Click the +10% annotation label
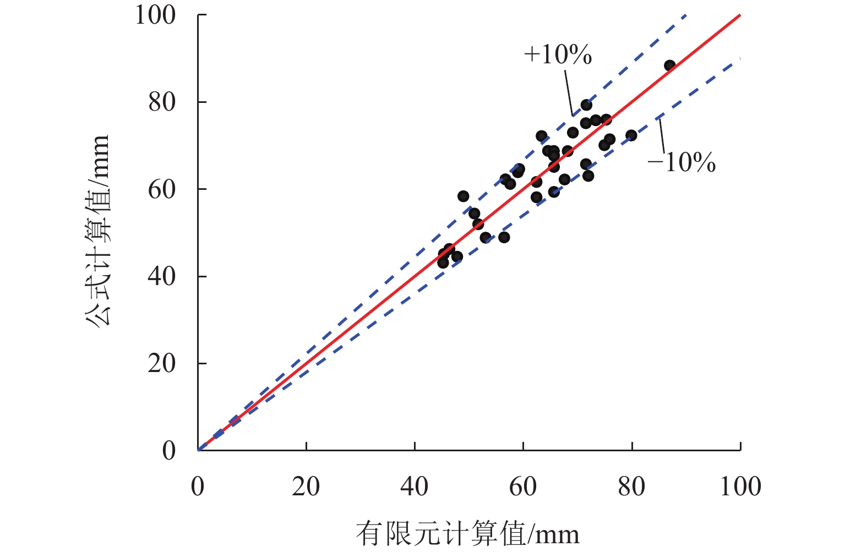558,54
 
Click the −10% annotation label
682,163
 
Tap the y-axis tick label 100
155,15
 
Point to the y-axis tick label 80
162,102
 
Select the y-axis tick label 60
162,189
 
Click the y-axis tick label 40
162,276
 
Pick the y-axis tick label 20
162,363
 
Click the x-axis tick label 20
306,487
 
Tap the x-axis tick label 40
414,487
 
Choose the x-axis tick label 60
522,487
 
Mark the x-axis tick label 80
631,487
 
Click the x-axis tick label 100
740,487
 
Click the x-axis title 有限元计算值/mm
467,533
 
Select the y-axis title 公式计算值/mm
98,231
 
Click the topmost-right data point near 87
669,65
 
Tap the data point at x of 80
631,135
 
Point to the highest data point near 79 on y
586,105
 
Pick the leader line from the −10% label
662,136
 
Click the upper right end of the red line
739,16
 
